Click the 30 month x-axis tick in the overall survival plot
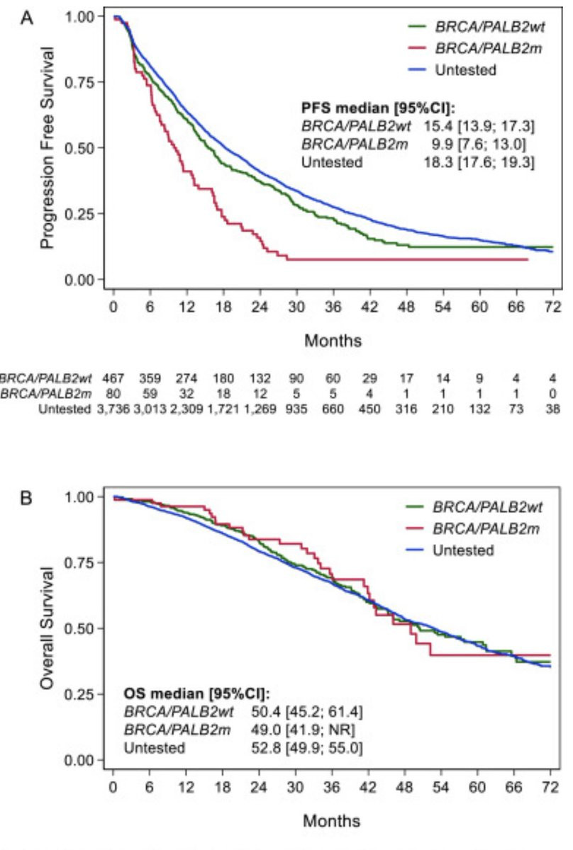click(x=296, y=788)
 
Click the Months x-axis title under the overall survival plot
click(x=332, y=821)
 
